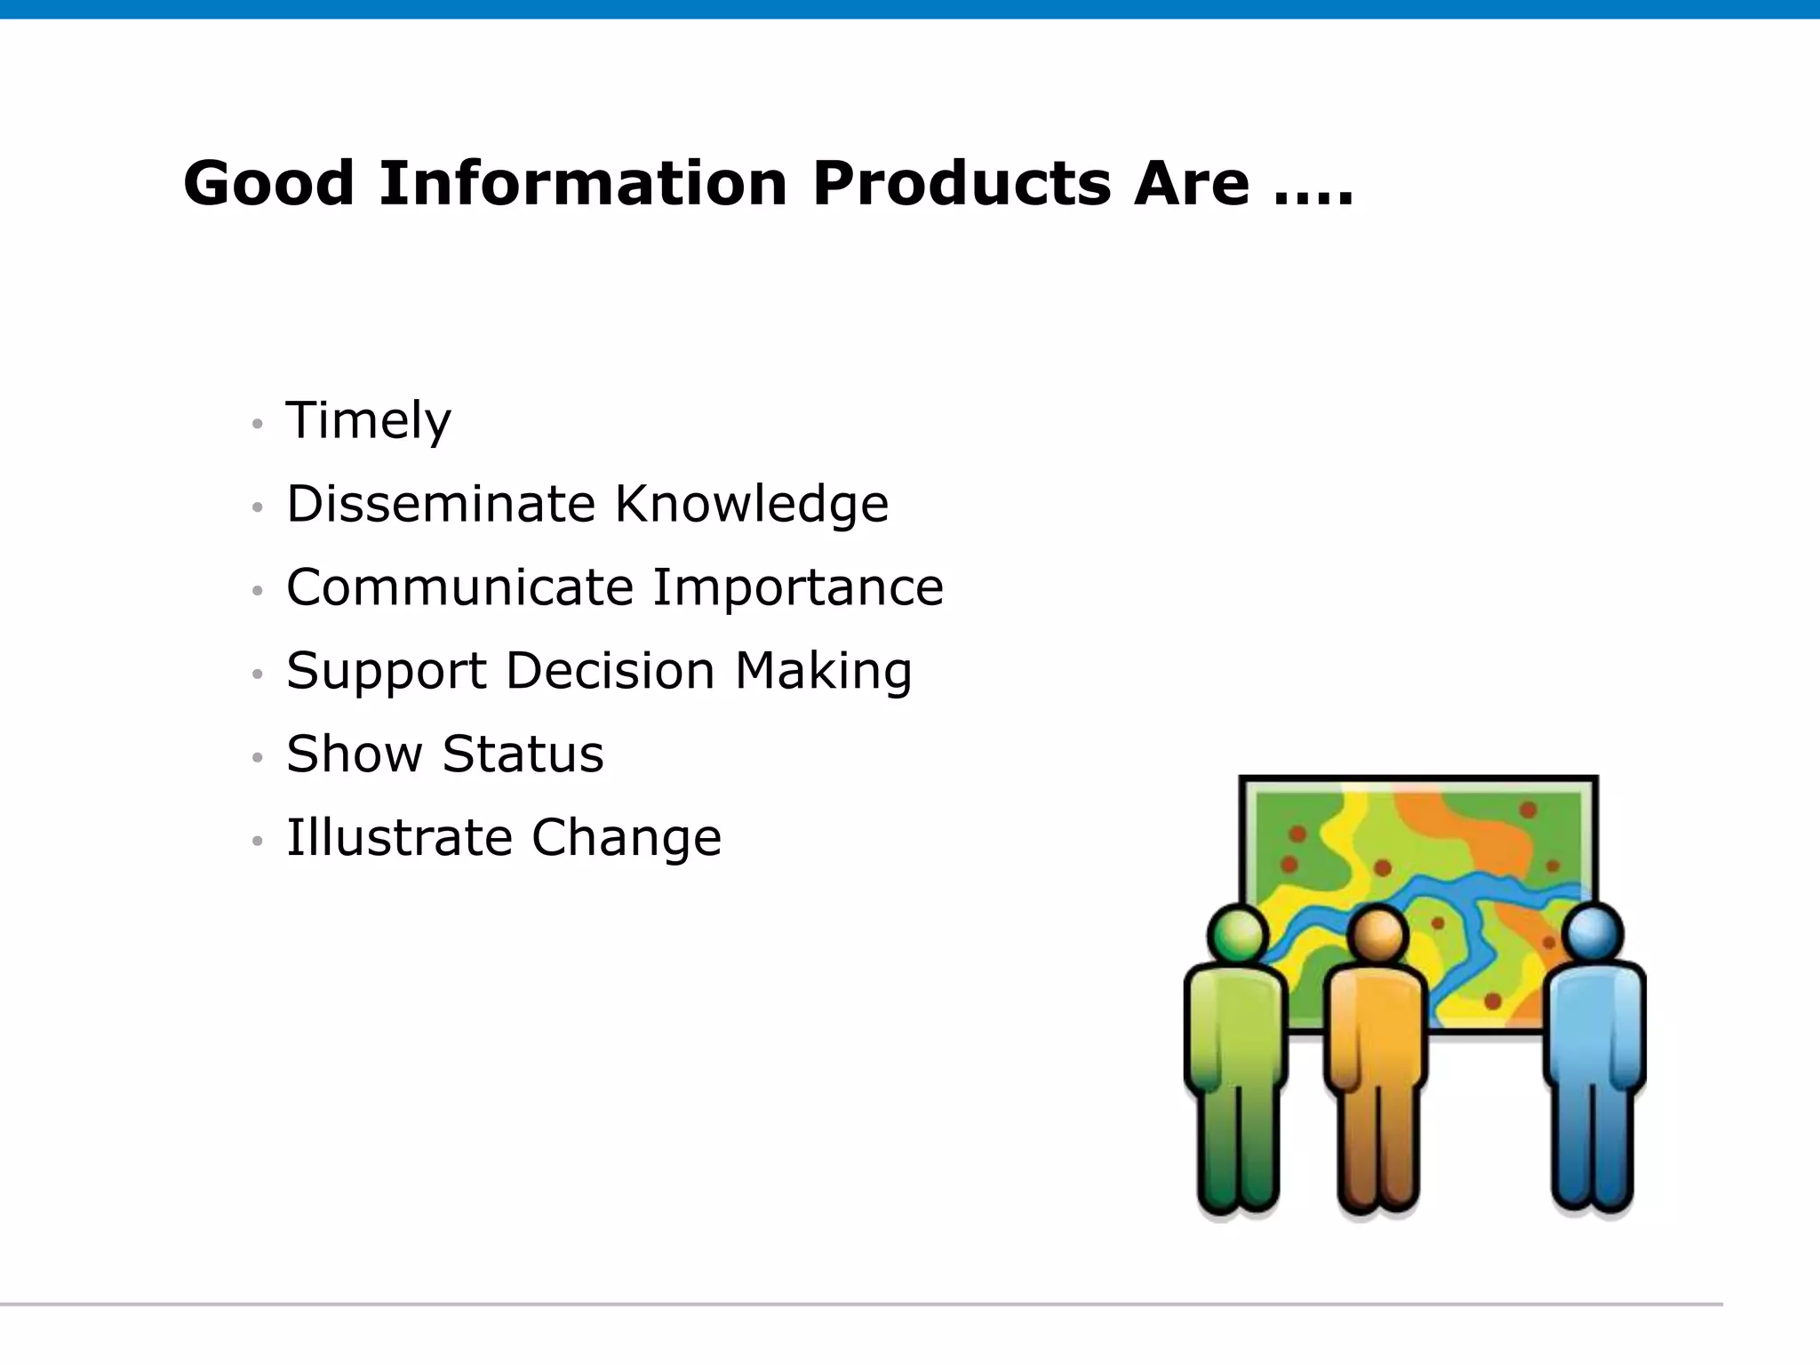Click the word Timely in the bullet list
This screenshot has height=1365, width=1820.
(368, 420)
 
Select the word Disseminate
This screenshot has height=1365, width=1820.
(440, 504)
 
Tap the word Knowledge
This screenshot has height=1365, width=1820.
(751, 504)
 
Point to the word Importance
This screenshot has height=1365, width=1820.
(797, 587)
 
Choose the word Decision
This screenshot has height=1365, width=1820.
(610, 670)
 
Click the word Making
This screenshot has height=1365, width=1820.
(823, 672)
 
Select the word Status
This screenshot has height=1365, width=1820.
(523, 754)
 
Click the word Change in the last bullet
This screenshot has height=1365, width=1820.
(627, 837)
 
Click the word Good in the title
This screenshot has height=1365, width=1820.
(268, 183)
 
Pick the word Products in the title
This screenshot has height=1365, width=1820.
(961, 183)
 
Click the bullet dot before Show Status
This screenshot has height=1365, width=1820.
(258, 757)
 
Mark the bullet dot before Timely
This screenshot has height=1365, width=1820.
(258, 424)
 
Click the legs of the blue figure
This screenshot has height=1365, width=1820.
(1592, 1146)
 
